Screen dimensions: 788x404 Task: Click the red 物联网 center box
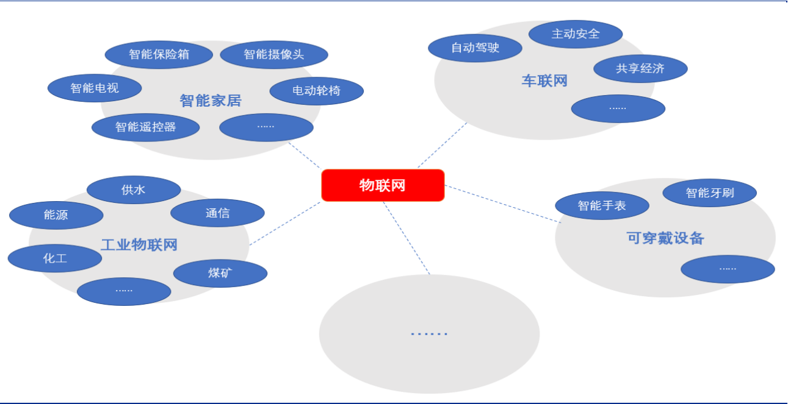click(x=383, y=185)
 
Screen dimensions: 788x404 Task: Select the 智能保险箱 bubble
click(x=159, y=54)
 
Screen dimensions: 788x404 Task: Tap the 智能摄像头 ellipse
click(x=274, y=54)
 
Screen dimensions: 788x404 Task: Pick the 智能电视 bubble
click(x=95, y=88)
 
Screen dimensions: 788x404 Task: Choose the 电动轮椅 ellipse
click(x=317, y=91)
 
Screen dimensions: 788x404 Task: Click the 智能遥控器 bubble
click(x=146, y=127)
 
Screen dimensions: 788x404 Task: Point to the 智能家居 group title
click(x=211, y=101)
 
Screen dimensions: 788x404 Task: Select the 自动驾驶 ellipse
click(x=475, y=48)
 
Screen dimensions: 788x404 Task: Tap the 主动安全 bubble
click(x=576, y=34)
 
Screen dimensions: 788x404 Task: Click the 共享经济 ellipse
click(x=641, y=68)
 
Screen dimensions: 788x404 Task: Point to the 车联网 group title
click(x=544, y=81)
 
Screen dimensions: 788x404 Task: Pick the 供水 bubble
click(x=134, y=190)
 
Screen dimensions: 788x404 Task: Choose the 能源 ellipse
click(x=56, y=215)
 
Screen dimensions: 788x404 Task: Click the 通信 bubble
click(x=217, y=213)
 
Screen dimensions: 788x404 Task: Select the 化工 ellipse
click(x=55, y=258)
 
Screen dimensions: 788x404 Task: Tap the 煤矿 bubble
click(x=220, y=274)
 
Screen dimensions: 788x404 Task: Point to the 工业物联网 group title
click(x=139, y=245)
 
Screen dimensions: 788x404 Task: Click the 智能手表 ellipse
click(x=602, y=205)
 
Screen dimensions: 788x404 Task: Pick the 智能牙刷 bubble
click(x=709, y=193)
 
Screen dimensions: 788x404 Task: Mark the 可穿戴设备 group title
click(x=665, y=238)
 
